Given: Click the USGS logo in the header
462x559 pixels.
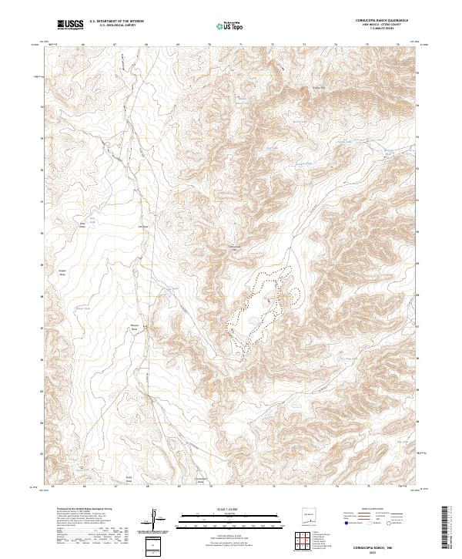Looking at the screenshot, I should point(71,25).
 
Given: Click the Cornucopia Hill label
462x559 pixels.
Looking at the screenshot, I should point(237,248).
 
